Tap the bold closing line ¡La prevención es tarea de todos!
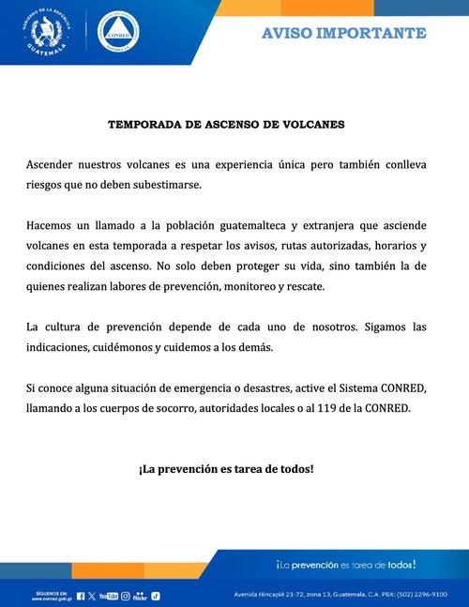pos(226,467)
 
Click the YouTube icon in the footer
pos(109,596)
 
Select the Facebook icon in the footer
pos(81,596)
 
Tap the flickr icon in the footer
pos(141,596)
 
